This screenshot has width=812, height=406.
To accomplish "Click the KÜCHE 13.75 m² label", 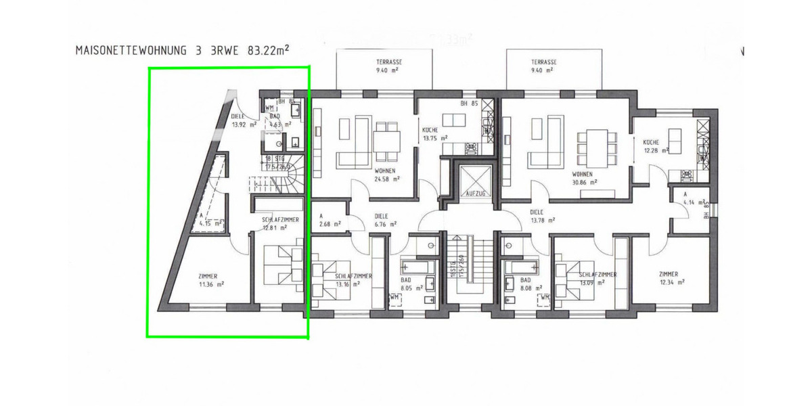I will tap(435, 133).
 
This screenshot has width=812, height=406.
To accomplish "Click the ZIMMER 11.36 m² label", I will tap(211, 280).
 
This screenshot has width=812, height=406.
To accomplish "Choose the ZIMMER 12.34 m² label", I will tap(673, 278).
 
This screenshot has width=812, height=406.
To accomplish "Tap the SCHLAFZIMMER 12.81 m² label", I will tap(279, 224).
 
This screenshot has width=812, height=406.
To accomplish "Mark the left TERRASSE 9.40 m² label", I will tap(384, 66).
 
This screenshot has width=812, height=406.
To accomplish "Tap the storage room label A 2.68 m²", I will tap(328, 221).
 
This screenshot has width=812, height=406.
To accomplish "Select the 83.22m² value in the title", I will tap(262, 49).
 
